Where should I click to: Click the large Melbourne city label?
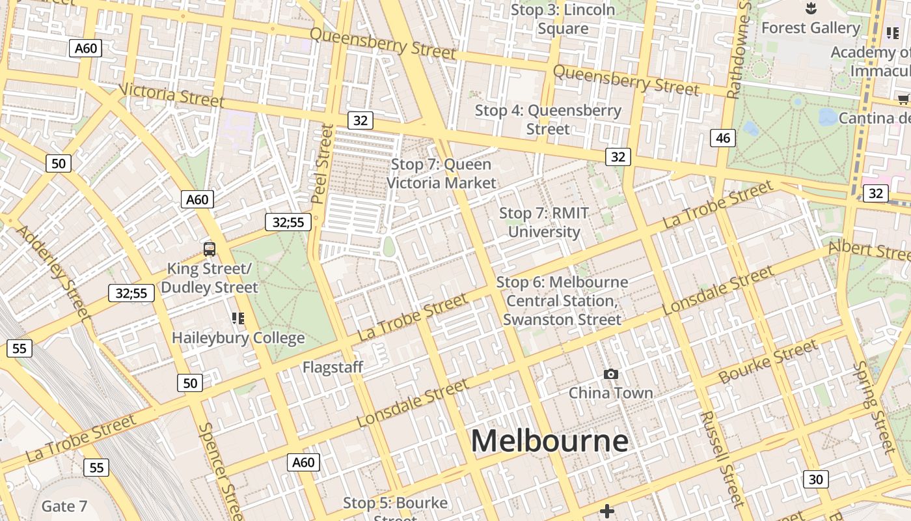pyautogui.click(x=550, y=441)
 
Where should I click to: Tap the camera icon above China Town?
pyautogui.click(x=610, y=374)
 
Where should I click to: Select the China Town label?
pyautogui.click(x=610, y=393)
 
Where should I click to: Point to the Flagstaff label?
pyautogui.click(x=333, y=367)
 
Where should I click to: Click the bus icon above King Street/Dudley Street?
pyautogui.click(x=210, y=249)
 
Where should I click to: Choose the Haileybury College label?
pyautogui.click(x=238, y=338)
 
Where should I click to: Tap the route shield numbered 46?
pyautogui.click(x=723, y=137)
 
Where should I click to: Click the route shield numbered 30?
pyautogui.click(x=815, y=479)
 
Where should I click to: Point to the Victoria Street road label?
pyautogui.click(x=172, y=94)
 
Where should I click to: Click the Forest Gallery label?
pyautogui.click(x=810, y=28)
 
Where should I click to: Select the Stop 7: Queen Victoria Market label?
pyautogui.click(x=441, y=174)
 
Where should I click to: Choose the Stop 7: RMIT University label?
pyautogui.click(x=544, y=222)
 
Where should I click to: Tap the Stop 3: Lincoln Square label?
pyautogui.click(x=563, y=19)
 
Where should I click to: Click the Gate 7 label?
pyautogui.click(x=64, y=506)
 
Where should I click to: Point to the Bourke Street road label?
pyautogui.click(x=768, y=361)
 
